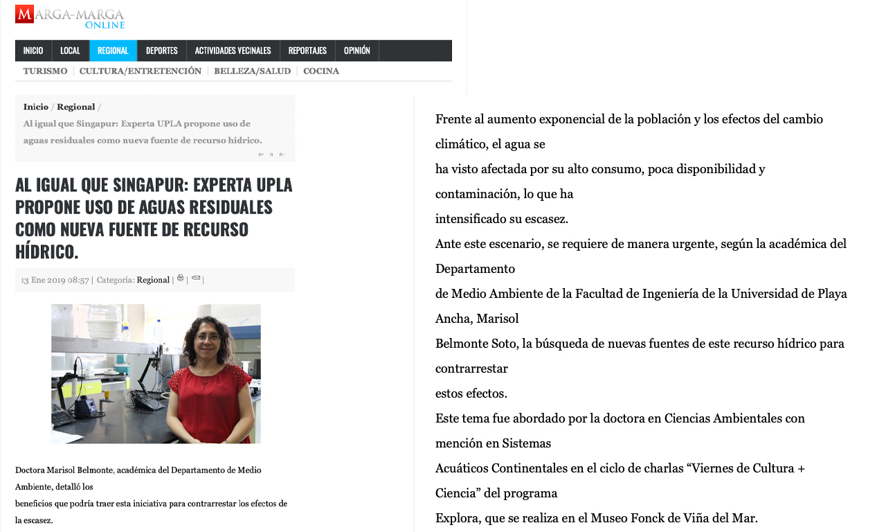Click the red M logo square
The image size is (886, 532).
click(x=24, y=14)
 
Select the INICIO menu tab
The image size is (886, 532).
click(x=33, y=51)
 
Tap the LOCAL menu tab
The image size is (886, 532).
click(x=70, y=51)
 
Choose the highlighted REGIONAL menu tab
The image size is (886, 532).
click(x=113, y=51)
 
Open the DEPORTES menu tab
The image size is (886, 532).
click(x=162, y=51)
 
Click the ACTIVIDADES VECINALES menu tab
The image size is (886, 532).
click(x=233, y=51)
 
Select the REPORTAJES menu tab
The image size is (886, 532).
click(x=307, y=51)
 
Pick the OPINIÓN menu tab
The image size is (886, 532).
click(x=356, y=51)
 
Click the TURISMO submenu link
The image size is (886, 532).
click(x=45, y=71)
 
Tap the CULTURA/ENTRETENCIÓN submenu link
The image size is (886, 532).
click(x=141, y=71)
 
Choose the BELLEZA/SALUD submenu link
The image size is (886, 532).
click(x=252, y=71)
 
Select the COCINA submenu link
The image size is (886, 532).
click(x=321, y=71)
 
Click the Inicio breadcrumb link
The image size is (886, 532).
click(x=36, y=107)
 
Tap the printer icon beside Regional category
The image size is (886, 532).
click(x=181, y=278)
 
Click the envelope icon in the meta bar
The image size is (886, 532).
click(x=196, y=278)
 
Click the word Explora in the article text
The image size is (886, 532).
click(x=454, y=518)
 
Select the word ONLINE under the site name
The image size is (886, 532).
click(x=105, y=26)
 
